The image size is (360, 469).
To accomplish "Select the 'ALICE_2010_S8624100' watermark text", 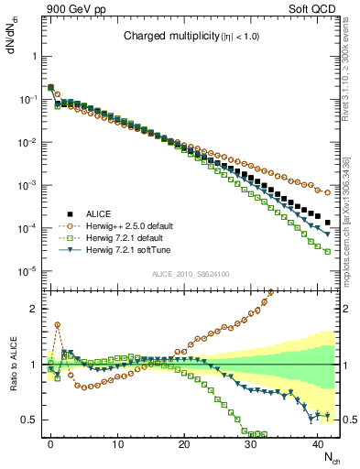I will [x=190, y=274].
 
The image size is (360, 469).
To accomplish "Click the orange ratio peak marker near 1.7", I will [x=57, y=324].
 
